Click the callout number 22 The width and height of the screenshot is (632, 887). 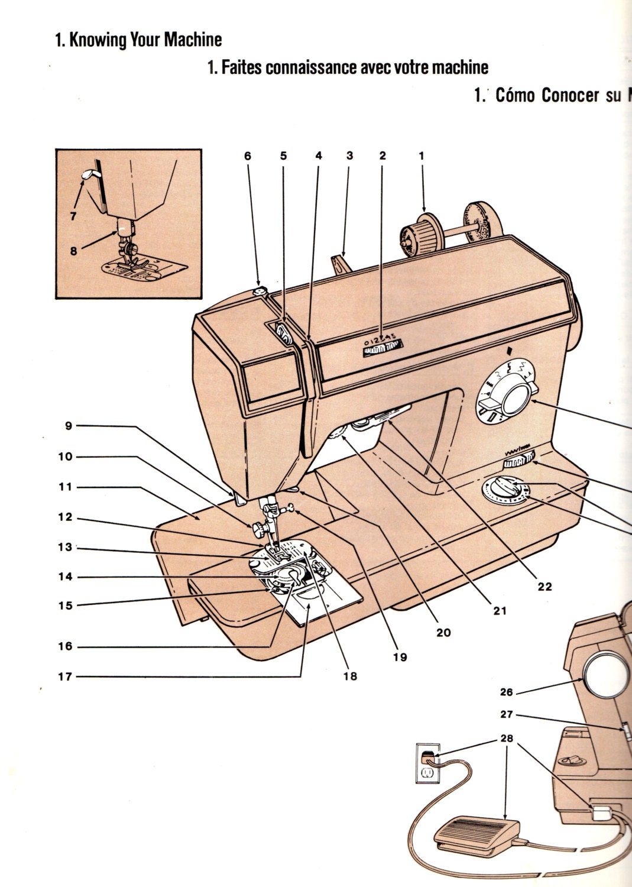point(544,587)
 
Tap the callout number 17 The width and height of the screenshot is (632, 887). point(65,676)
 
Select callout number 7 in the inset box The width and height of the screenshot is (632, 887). point(73,216)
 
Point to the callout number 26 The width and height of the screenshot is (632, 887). point(507,691)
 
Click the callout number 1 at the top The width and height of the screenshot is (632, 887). point(421,156)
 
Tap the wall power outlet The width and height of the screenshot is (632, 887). point(427,763)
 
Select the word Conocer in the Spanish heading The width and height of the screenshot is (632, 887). point(570,95)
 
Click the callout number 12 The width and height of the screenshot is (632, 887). point(65,517)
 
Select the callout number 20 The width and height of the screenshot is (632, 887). point(443,633)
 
